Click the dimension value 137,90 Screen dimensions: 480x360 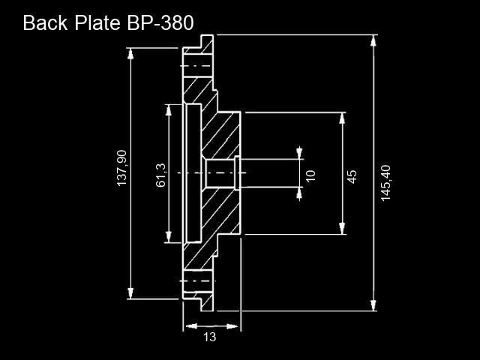[x=121, y=168]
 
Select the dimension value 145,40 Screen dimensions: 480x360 [x=385, y=183]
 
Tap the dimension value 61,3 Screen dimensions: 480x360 [x=160, y=175]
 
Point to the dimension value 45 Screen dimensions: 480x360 [x=352, y=177]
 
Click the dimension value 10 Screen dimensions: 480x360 [x=310, y=176]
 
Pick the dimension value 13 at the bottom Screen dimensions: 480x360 [x=210, y=337]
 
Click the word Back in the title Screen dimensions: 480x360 [x=45, y=22]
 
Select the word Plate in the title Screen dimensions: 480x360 [x=97, y=22]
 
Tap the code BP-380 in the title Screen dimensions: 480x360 [x=160, y=22]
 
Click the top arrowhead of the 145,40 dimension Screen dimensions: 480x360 [x=373, y=40]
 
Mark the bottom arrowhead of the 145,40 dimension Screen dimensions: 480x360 [x=373, y=305]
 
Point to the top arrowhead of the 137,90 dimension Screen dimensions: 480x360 [x=130, y=53]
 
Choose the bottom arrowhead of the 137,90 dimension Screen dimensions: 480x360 [x=130, y=293]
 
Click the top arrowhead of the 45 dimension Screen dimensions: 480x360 [x=342, y=118]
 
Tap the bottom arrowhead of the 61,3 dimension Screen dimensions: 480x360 [x=168, y=237]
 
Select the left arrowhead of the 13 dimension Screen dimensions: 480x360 [x=191, y=326]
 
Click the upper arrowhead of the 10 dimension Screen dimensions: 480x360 [x=299, y=153]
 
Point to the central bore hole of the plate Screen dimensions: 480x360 [x=220, y=173]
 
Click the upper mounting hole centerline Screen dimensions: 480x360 [x=196, y=66]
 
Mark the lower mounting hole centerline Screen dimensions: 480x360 [x=198, y=281]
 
